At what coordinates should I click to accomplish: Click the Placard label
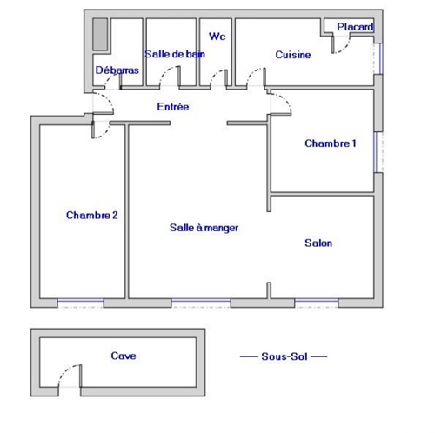click(x=355, y=27)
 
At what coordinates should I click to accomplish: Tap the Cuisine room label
click(x=293, y=55)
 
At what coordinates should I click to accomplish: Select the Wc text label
click(x=217, y=37)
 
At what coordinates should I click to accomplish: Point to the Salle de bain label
click(x=175, y=54)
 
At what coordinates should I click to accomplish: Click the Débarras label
click(x=117, y=70)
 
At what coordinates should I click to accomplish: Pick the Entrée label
click(x=173, y=107)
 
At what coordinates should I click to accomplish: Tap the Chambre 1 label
click(x=331, y=143)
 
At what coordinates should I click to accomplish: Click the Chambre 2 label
click(x=92, y=215)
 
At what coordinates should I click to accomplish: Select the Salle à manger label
click(x=204, y=228)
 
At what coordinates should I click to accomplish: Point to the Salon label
click(x=318, y=243)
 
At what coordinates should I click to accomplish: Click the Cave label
click(x=124, y=356)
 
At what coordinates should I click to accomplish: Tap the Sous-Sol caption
click(x=284, y=356)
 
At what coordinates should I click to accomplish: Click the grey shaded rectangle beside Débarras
click(x=100, y=35)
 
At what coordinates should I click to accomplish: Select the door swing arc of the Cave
click(x=65, y=371)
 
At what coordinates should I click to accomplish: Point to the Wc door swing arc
click(x=215, y=74)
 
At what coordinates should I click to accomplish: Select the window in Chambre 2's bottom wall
click(x=81, y=303)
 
